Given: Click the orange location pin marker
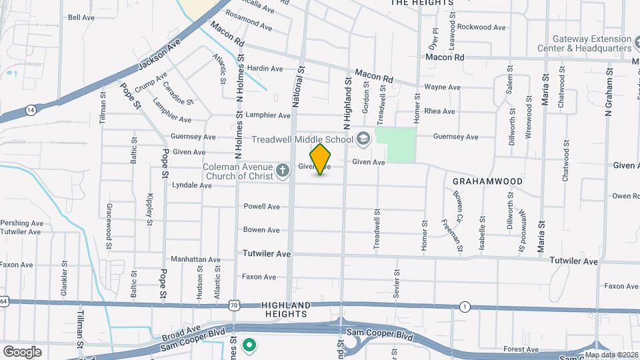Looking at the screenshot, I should (x=321, y=159).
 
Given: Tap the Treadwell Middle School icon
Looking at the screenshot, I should (x=363, y=139).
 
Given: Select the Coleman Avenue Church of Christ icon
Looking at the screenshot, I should (x=283, y=171).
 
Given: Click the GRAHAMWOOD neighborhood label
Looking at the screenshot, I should (x=487, y=181).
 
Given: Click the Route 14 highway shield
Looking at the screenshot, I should (x=30, y=109).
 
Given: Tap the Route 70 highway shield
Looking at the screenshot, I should (x=233, y=305).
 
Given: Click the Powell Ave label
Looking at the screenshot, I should (x=261, y=207).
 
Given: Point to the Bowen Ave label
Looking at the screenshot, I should (x=261, y=230).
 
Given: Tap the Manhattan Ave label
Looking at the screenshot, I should (x=195, y=259).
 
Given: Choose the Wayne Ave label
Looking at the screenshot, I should (x=442, y=87).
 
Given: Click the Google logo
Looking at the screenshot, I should (x=22, y=351).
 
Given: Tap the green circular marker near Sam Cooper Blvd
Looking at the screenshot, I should (x=249, y=345).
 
